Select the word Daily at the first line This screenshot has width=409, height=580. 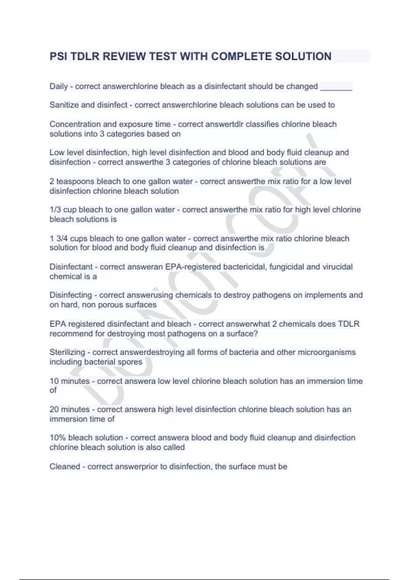tap(59, 86)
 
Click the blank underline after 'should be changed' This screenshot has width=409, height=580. tap(336, 87)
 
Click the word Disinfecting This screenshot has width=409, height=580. tap(71, 295)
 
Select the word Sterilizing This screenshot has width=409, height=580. tap(67, 352)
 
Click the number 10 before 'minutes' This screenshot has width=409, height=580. tap(54, 381)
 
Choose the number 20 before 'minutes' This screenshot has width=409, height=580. tap(54, 409)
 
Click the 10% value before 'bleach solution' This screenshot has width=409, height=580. tap(58, 438)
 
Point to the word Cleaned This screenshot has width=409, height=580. tap(65, 466)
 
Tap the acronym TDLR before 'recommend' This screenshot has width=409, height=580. tap(348, 324)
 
